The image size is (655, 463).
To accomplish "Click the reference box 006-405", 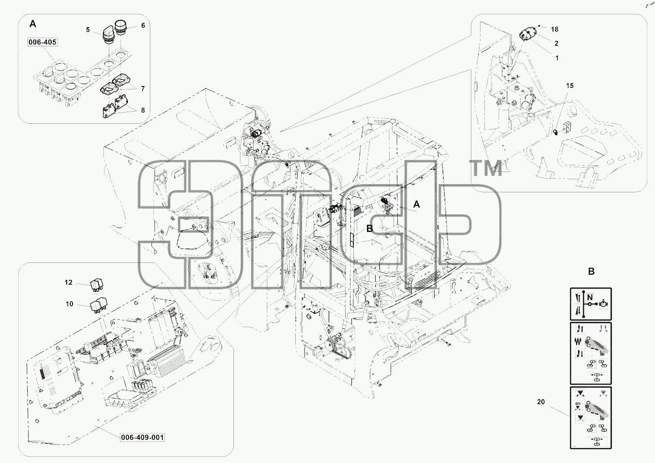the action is [x=43, y=42].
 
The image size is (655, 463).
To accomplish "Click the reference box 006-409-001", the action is [x=143, y=437].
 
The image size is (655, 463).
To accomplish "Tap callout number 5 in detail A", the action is [x=87, y=30].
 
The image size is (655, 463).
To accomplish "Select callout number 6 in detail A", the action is [x=143, y=26].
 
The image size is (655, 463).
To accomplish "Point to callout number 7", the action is [x=143, y=88].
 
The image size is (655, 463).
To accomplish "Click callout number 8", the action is [x=143, y=110].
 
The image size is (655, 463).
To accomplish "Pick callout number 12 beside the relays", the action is [x=69, y=282].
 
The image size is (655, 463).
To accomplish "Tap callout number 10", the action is [x=69, y=304].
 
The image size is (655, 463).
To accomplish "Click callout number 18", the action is [x=554, y=29].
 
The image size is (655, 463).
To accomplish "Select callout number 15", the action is [x=569, y=86].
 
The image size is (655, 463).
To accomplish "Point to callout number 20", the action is [x=541, y=402].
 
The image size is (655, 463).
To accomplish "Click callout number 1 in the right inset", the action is [x=557, y=58].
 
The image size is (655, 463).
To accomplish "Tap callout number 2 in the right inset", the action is [x=556, y=43].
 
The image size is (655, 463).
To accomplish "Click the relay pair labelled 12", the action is [x=97, y=284].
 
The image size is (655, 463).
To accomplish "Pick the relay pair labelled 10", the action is [x=98, y=305].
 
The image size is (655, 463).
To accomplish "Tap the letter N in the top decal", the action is [x=590, y=298].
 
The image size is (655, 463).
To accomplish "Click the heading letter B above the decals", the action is [x=591, y=272].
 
